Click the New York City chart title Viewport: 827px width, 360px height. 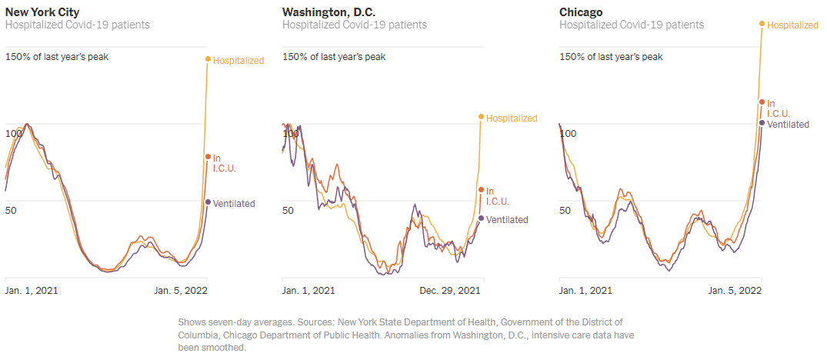[42, 12]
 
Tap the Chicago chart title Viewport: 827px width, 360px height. [581, 12]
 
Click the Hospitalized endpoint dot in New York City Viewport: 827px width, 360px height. [208, 59]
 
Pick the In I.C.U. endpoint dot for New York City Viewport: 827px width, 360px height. [208, 157]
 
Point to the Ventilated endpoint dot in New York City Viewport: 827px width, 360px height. [208, 202]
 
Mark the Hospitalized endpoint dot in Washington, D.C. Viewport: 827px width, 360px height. [482, 117]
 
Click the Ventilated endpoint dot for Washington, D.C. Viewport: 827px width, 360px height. [482, 218]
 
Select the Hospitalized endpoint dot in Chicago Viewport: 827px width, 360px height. [762, 24]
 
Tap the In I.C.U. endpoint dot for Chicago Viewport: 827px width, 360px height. [762, 102]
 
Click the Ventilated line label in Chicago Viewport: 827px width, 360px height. [789, 123]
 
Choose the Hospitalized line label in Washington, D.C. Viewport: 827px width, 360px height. [512, 118]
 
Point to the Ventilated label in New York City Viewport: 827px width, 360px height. [234, 203]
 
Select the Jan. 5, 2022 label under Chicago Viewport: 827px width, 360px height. [734, 291]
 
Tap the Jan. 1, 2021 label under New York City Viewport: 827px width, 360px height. [32, 291]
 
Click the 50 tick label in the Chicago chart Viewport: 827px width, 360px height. [565, 210]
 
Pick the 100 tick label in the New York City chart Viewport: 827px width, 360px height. [13, 134]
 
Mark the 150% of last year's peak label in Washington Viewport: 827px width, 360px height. [334, 56]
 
